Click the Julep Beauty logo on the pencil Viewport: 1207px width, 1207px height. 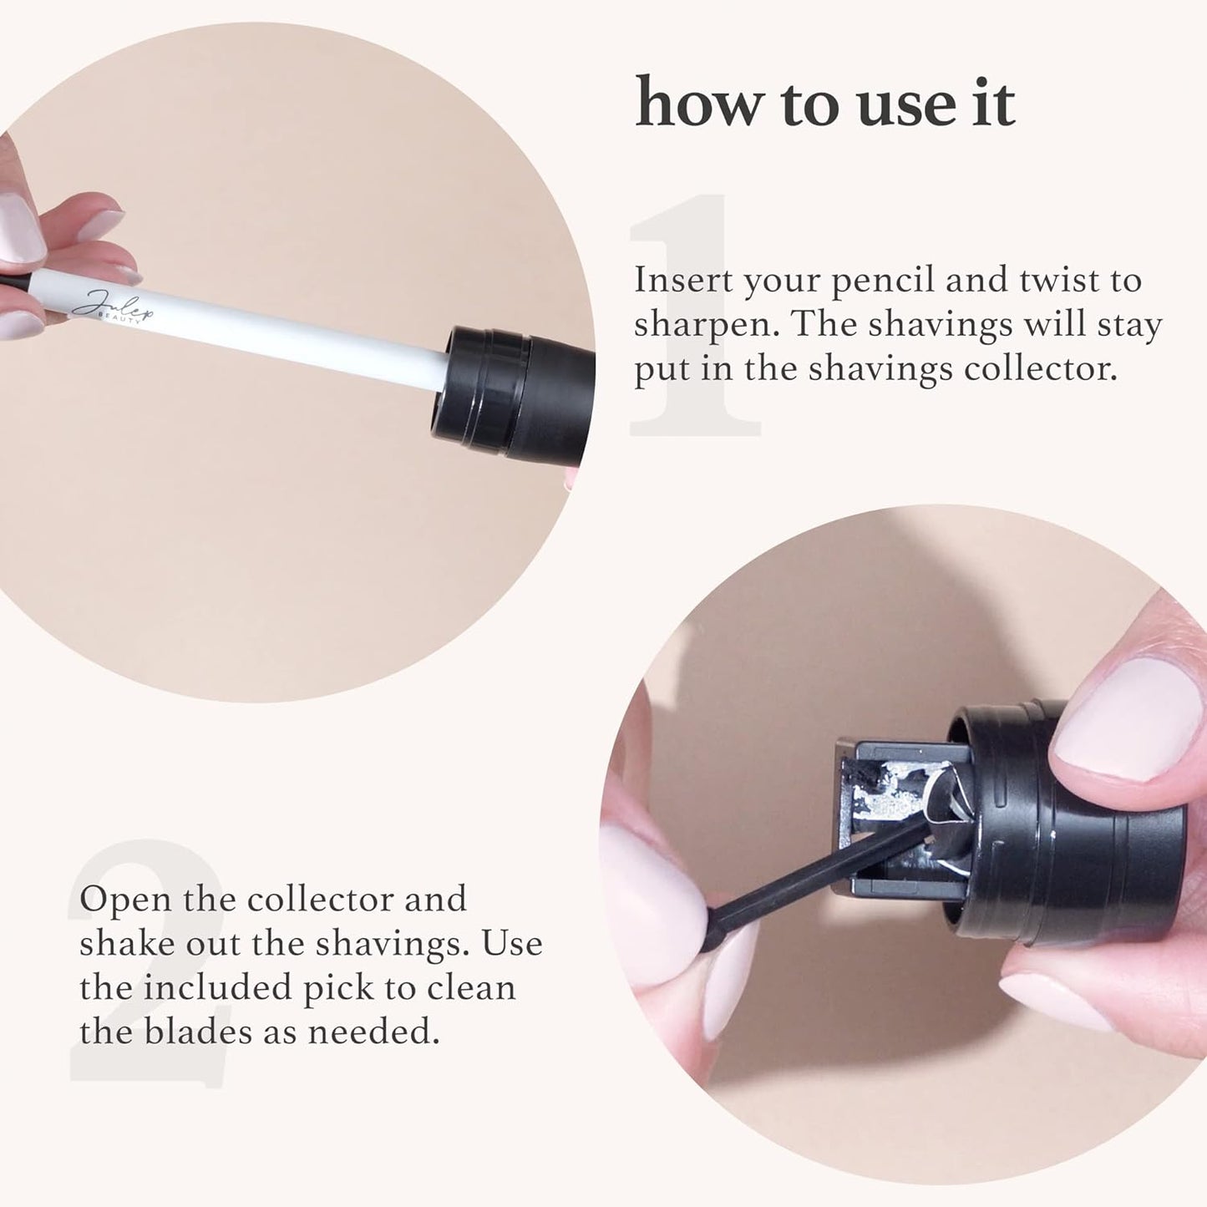coord(113,307)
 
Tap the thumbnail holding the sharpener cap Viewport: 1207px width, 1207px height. coord(1123,718)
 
